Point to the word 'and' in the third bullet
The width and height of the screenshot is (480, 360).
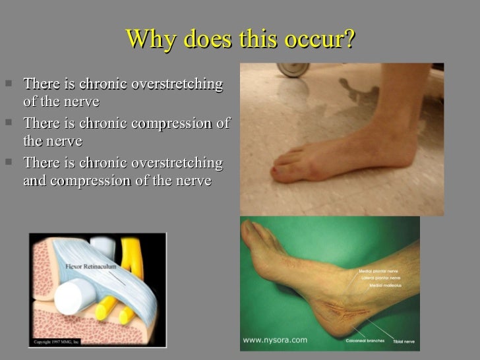35,179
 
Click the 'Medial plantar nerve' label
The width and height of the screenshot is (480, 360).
380,271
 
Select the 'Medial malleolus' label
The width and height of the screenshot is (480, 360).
389,284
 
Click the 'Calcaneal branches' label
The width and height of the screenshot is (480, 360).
362,341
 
